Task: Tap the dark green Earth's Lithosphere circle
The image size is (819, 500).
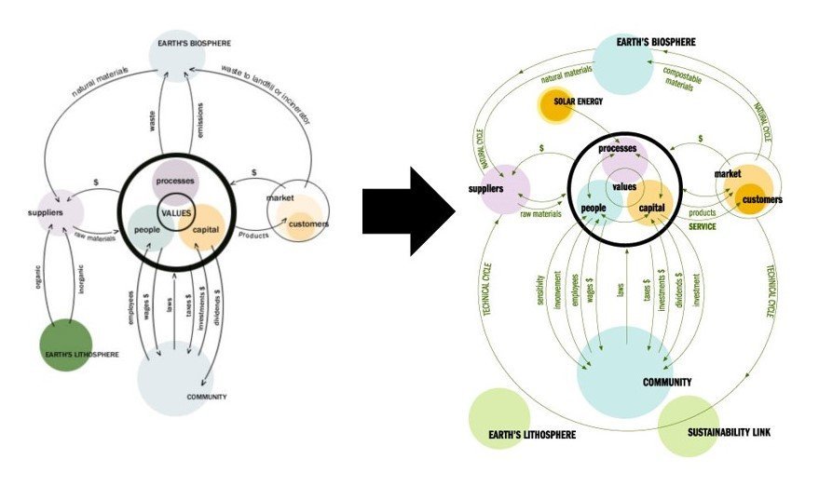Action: [64, 345]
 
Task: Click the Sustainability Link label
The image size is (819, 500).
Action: [729, 433]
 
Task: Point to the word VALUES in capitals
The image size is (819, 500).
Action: [175, 211]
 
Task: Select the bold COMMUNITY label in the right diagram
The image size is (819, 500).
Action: [667, 383]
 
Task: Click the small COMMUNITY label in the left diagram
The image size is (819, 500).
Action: [207, 398]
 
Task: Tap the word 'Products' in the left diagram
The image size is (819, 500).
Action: [253, 235]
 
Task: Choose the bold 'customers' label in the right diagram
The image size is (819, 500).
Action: [762, 199]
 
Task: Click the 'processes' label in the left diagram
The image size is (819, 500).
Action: [174, 179]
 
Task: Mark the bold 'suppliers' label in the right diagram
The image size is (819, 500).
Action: [485, 190]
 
